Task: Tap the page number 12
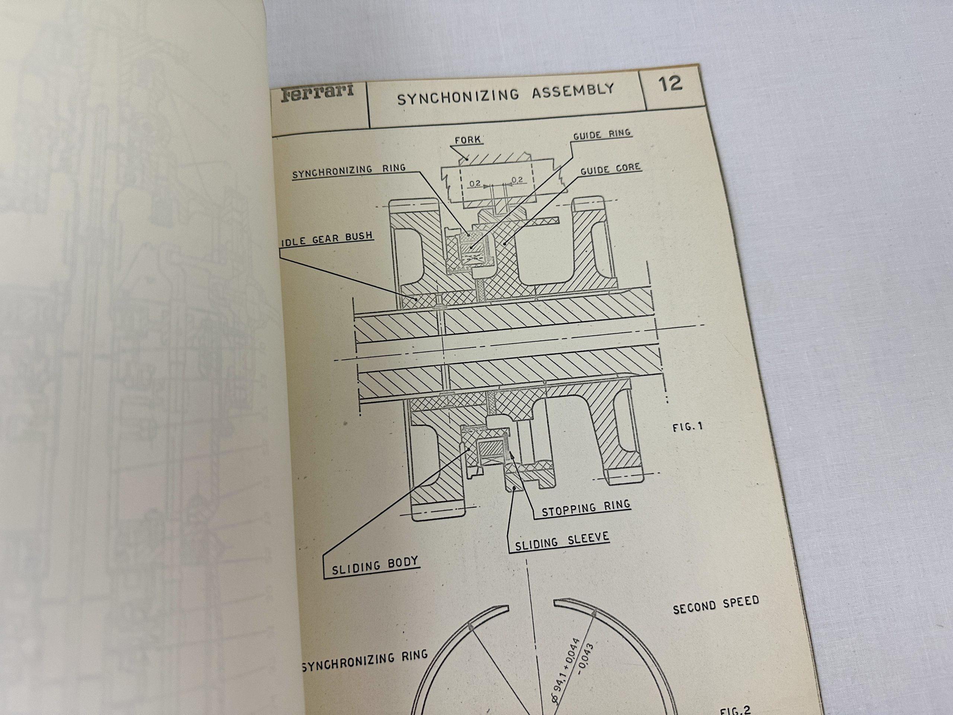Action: (x=670, y=83)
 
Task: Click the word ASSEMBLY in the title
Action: (x=573, y=91)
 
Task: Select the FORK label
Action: (x=468, y=140)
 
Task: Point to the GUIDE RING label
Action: (x=602, y=134)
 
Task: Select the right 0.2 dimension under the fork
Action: (x=517, y=180)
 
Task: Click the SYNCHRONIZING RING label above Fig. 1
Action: (x=348, y=171)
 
